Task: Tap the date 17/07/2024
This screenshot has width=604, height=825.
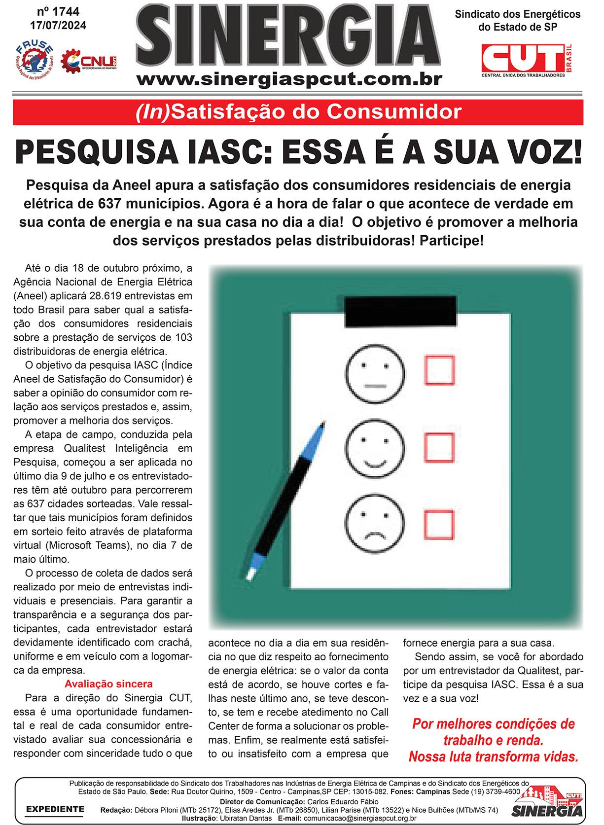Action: coord(58,25)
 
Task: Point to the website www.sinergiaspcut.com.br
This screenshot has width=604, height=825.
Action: coord(289,79)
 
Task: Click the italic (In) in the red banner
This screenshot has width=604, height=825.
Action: coord(152,112)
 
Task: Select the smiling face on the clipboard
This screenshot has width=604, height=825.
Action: coord(375,448)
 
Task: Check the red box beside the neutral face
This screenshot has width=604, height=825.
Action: coord(439,370)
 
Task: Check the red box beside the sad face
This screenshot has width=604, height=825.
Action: coord(438,525)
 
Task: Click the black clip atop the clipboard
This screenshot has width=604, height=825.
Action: coord(400,312)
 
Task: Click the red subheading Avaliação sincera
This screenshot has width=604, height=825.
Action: coord(108,684)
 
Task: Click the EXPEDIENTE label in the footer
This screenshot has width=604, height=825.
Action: coord(55,809)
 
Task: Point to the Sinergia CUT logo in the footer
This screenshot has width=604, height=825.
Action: coord(547,803)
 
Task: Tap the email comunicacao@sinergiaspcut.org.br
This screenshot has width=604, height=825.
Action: coord(360,818)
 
